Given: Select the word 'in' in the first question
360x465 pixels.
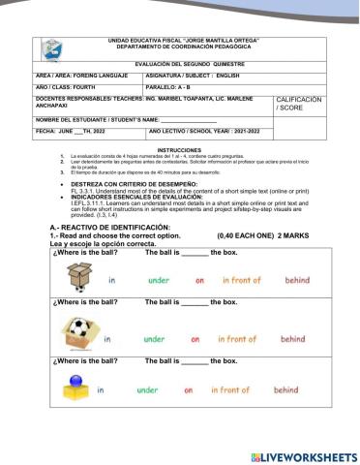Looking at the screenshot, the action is [112, 281].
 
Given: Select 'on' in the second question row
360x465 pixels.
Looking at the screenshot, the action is [195, 339].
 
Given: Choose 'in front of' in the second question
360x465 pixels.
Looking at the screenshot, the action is [237, 339].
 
